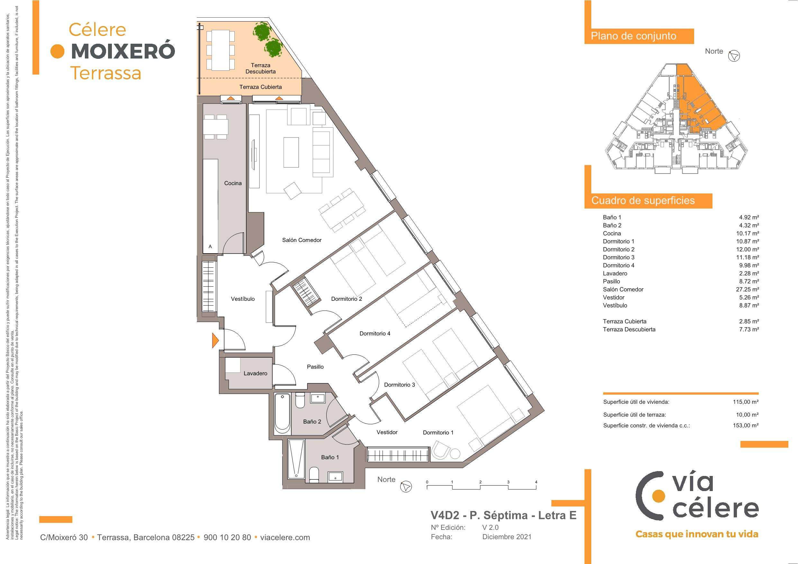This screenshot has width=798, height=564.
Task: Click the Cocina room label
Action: [x=232, y=183]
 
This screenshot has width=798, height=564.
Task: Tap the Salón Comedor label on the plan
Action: [x=302, y=240]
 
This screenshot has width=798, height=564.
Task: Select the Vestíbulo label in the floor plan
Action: [x=243, y=299]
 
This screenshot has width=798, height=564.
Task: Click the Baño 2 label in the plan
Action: [x=312, y=422]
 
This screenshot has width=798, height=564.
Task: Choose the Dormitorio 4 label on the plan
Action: [x=375, y=334]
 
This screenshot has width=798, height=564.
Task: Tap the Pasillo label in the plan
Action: [x=315, y=367]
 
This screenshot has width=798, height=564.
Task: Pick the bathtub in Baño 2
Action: [x=282, y=414]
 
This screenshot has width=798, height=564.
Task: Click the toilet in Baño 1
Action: [x=313, y=475]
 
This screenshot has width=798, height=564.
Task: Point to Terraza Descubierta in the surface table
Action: [x=629, y=329]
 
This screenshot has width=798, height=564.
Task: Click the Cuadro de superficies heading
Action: [x=643, y=201]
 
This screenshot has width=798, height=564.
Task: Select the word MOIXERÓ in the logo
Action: [x=123, y=51]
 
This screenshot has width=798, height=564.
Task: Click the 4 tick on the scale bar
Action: [x=536, y=482]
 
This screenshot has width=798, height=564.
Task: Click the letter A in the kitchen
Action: [x=210, y=247]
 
